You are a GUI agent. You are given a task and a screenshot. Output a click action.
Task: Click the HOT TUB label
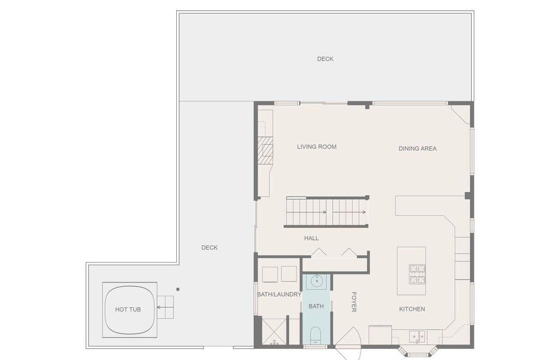(128, 310)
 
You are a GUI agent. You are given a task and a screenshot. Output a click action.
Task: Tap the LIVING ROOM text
(317, 147)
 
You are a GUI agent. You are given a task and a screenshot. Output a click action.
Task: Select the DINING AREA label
(418, 148)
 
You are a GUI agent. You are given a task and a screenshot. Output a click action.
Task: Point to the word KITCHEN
(412, 309)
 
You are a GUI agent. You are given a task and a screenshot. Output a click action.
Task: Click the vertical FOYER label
(354, 302)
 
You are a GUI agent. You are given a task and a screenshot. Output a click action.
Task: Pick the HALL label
(311, 238)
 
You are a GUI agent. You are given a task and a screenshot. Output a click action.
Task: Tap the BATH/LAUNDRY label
(279, 295)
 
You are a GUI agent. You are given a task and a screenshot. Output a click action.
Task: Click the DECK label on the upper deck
(325, 59)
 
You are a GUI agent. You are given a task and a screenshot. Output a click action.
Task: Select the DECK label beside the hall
(210, 247)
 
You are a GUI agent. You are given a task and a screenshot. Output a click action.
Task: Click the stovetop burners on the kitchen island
(417, 275)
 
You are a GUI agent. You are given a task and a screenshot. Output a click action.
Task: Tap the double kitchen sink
(417, 337)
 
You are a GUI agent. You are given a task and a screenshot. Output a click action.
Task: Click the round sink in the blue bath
(317, 281)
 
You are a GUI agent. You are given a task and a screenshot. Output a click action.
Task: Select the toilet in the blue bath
(315, 335)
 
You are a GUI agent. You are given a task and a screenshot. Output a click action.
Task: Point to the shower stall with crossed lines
(274, 332)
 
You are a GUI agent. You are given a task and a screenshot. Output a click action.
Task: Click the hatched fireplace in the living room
(265, 150)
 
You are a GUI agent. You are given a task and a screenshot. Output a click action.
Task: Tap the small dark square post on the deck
(178, 289)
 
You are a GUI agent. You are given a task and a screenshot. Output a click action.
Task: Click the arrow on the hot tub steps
(165, 307)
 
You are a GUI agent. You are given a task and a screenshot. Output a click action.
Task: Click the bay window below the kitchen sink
(417, 352)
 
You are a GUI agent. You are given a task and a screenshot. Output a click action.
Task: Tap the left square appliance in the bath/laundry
(270, 275)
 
